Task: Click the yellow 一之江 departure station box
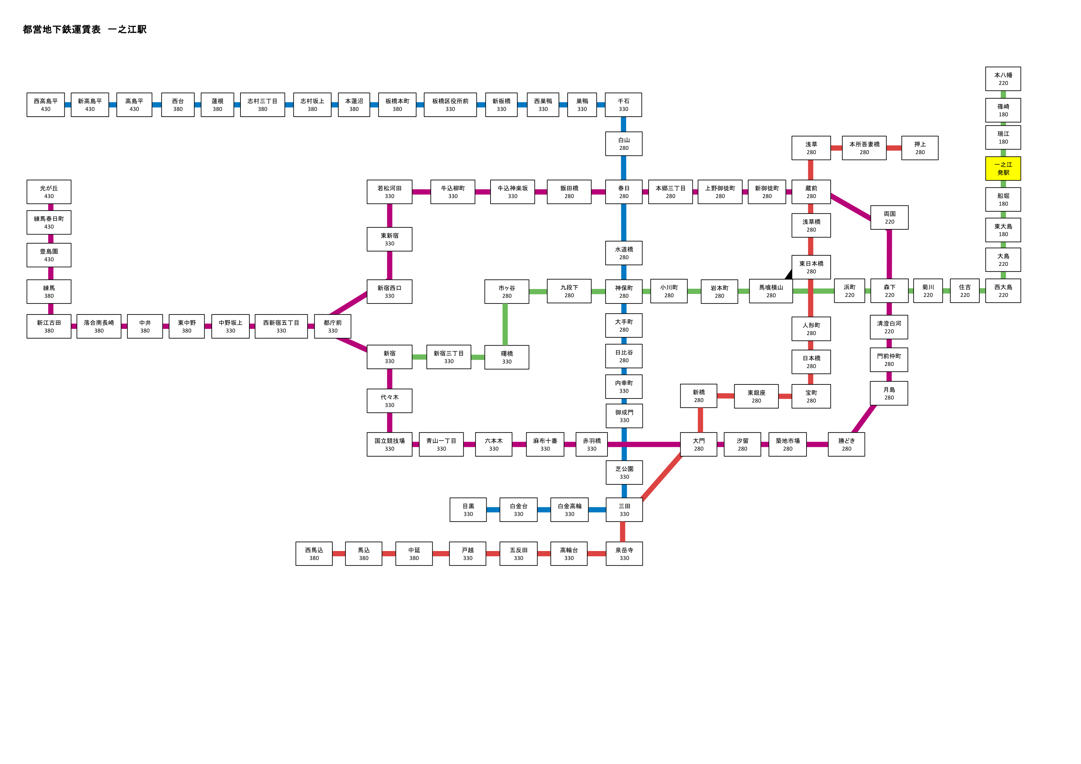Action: click(x=1003, y=169)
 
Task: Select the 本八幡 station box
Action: click(x=1003, y=79)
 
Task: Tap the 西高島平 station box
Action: click(x=46, y=105)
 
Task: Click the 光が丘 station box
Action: click(x=49, y=192)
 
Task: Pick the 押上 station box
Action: click(x=920, y=148)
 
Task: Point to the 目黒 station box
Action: click(x=468, y=510)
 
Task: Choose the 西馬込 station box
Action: click(x=314, y=554)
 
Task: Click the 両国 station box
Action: click(x=890, y=218)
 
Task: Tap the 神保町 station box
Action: click(x=624, y=291)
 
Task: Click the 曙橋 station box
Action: click(x=507, y=357)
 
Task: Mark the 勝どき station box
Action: click(x=846, y=444)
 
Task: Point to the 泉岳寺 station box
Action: click(x=624, y=554)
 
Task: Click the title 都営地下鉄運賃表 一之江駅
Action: click(x=85, y=29)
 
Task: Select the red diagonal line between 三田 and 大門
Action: click(x=661, y=477)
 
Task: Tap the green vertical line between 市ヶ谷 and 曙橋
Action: click(x=505, y=324)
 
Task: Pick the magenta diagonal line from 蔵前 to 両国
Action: click(x=851, y=207)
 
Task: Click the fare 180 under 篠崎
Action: click(x=1003, y=114)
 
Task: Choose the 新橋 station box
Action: click(x=699, y=396)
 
